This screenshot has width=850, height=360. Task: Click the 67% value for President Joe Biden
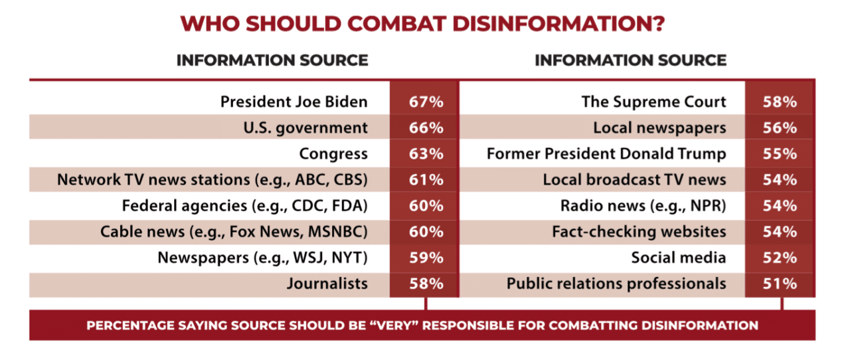[425, 102]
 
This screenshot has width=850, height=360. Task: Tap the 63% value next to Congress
[425, 154]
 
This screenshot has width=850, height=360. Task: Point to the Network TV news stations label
[212, 180]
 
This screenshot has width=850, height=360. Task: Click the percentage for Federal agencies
[425, 206]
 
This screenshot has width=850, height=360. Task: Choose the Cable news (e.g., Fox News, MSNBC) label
[234, 232]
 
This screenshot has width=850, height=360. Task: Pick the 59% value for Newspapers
[425, 258]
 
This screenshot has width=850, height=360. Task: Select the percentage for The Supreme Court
[780, 102]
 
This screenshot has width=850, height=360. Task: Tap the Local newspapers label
[659, 128]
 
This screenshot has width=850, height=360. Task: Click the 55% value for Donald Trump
[780, 154]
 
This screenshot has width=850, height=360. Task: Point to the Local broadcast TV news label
[634, 180]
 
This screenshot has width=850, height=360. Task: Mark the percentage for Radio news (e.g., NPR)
[780, 206]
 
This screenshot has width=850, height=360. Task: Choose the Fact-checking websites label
[639, 232]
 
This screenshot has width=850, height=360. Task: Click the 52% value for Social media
[780, 258]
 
